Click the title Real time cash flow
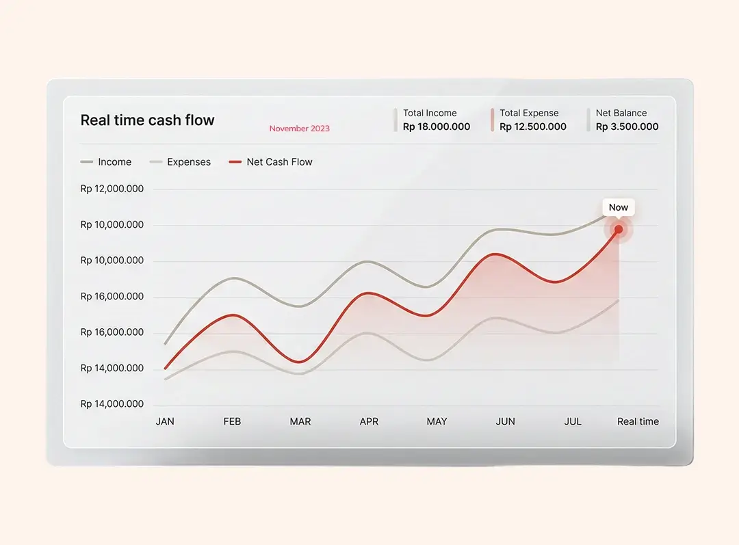click(147, 120)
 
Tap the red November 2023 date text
click(299, 129)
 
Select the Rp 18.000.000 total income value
click(437, 127)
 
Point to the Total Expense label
click(529, 113)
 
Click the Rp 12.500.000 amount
click(533, 127)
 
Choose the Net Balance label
click(621, 113)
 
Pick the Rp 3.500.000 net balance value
click(627, 127)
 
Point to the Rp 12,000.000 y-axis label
click(112, 189)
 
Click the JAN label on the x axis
click(165, 421)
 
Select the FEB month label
click(232, 421)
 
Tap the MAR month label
click(300, 421)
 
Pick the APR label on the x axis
click(369, 421)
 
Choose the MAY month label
click(437, 421)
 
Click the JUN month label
click(505, 421)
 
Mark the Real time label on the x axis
click(638, 421)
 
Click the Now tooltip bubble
click(618, 207)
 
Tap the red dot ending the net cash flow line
click(619, 229)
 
